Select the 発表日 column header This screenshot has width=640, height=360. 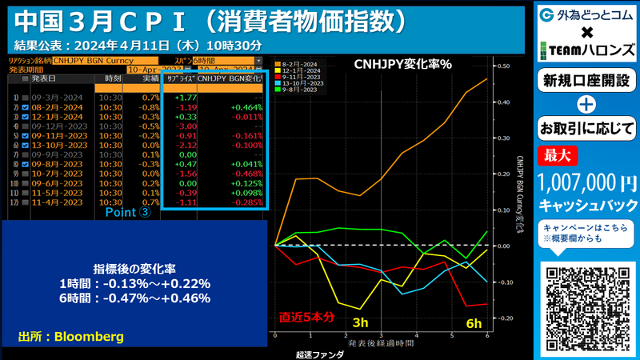42,79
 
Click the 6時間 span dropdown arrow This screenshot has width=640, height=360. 258,61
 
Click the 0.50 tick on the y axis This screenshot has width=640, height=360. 503,66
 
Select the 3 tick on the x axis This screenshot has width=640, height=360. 381,335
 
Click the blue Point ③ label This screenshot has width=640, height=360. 128,214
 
